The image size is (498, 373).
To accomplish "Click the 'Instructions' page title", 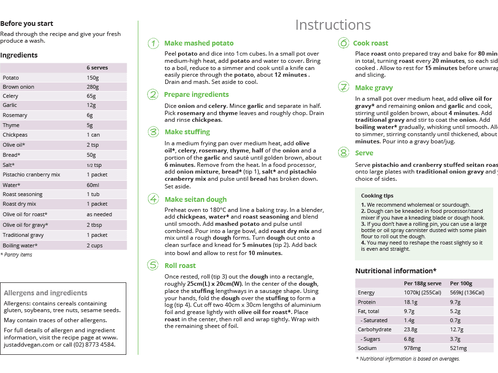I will [x=333, y=25].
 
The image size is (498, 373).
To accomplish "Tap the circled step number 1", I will [x=153, y=44].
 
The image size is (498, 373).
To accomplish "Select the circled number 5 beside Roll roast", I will [x=153, y=266].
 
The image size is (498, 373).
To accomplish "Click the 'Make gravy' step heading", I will [x=374, y=88].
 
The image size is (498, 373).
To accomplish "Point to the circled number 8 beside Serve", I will [x=343, y=153].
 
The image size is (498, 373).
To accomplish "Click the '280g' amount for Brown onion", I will [x=93, y=87].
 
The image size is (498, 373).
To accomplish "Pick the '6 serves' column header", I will [x=97, y=68].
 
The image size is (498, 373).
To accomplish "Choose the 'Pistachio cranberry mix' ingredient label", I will [x=31, y=175].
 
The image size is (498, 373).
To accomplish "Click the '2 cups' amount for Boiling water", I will [x=95, y=245].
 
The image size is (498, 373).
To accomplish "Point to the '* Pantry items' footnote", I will [x=16, y=255].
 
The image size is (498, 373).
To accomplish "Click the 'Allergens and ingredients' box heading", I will [x=45, y=293].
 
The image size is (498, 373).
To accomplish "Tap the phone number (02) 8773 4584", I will [x=95, y=344].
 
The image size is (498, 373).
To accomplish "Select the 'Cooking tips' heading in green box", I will [x=377, y=196].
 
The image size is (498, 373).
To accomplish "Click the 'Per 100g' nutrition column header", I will [x=461, y=283].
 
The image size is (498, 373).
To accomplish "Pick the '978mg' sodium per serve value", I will [x=412, y=348].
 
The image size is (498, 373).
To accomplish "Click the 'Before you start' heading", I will [x=26, y=23].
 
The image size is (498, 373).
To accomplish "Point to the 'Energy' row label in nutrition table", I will [x=366, y=293].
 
